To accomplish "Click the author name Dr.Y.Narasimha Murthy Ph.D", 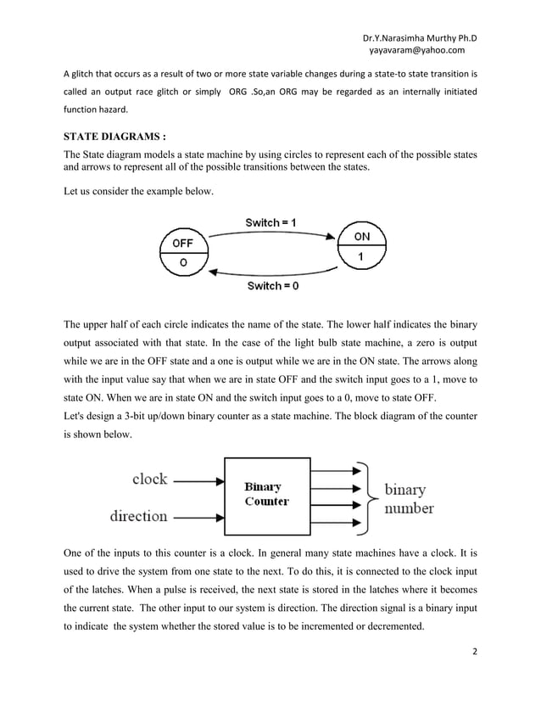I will click(x=419, y=38).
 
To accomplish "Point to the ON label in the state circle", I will click(x=360, y=237).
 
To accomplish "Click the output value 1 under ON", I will click(x=360, y=256).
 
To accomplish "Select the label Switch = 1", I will click(x=270, y=222).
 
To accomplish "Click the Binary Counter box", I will click(x=266, y=494).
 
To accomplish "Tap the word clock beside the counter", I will click(x=149, y=479).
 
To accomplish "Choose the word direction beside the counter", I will click(x=139, y=515).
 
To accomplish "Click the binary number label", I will click(x=409, y=500).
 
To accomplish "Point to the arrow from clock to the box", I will click(x=198, y=480).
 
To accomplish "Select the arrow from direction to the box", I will click(x=198, y=515).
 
